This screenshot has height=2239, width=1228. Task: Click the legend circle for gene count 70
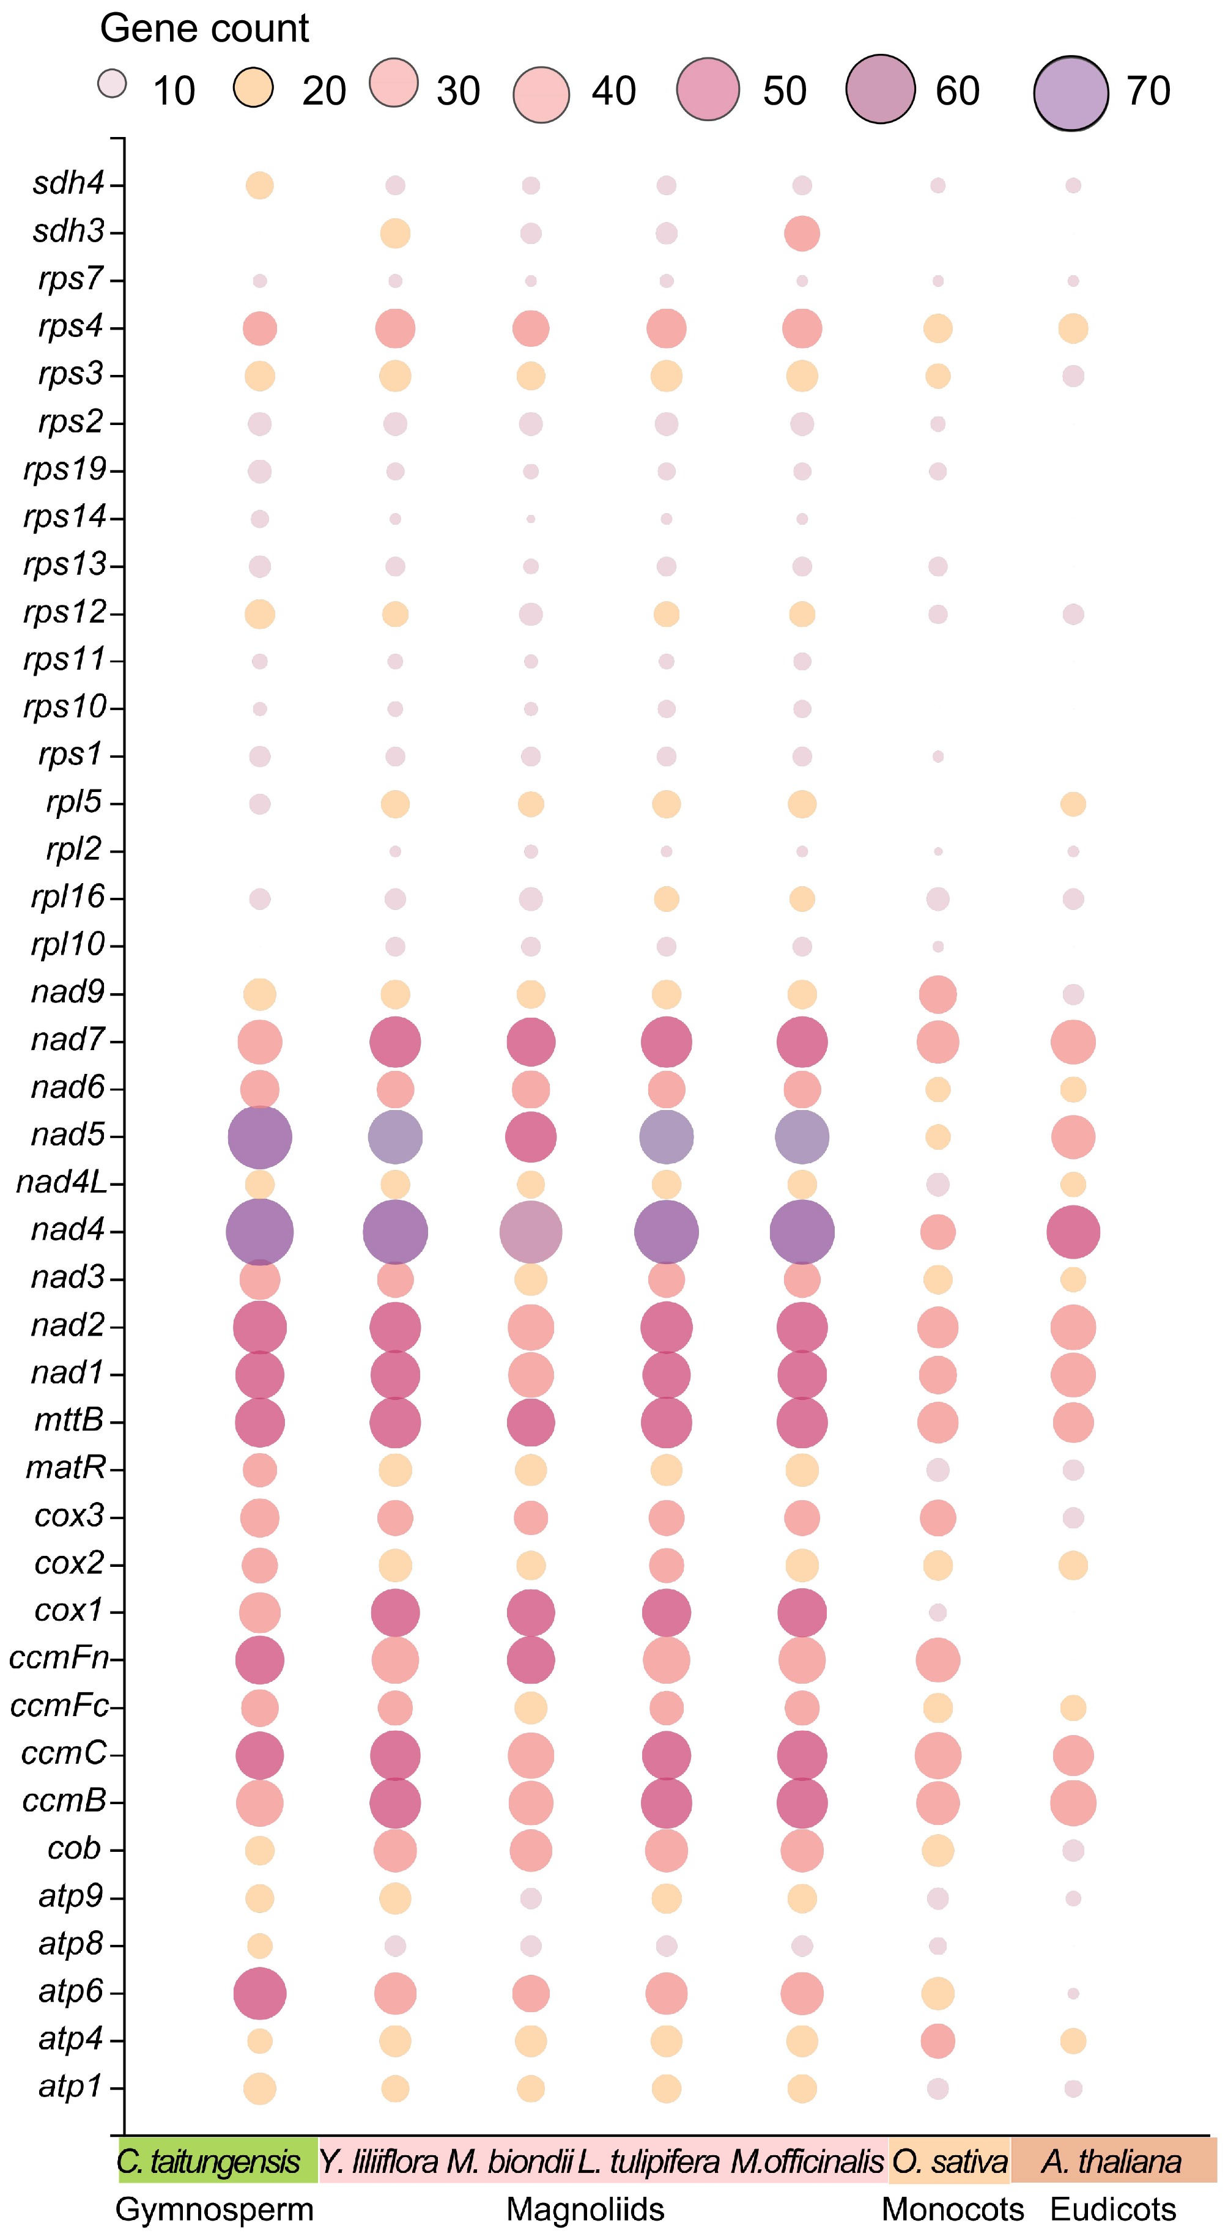point(1071,93)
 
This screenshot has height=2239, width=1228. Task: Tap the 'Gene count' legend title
point(204,29)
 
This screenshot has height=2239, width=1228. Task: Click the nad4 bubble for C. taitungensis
point(260,1232)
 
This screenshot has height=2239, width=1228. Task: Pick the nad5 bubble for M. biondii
point(531,1137)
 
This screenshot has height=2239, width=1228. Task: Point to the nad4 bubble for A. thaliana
point(1073,1232)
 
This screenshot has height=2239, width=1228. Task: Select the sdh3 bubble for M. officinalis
point(802,233)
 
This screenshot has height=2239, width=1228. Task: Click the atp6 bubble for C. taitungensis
point(260,1993)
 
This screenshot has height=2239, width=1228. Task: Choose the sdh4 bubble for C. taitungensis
point(260,185)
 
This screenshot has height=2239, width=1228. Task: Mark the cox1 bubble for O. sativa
point(938,1612)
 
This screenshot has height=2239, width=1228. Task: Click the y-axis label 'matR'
point(66,1468)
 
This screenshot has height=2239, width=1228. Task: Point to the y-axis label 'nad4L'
point(61,1183)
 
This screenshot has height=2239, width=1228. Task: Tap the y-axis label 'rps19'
point(65,469)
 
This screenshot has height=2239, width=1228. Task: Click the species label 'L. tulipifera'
point(648,2162)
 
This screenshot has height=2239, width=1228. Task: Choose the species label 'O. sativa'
point(950,2162)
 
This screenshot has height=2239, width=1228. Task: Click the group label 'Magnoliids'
point(585,2210)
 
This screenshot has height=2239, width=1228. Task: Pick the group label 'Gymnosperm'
point(214,2210)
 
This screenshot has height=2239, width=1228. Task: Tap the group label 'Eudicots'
point(1113,2210)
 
